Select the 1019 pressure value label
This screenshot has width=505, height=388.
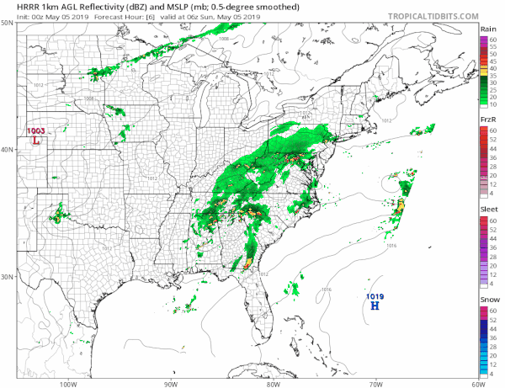click(375, 296)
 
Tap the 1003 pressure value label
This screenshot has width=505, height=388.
click(36, 131)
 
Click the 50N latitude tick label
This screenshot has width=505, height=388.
click(7, 24)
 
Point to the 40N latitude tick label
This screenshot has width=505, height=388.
click(7, 150)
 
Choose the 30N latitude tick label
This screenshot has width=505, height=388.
click(7, 277)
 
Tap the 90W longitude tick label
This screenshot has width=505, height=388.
click(171, 383)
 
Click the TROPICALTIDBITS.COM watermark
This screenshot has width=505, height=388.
click(428, 15)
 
